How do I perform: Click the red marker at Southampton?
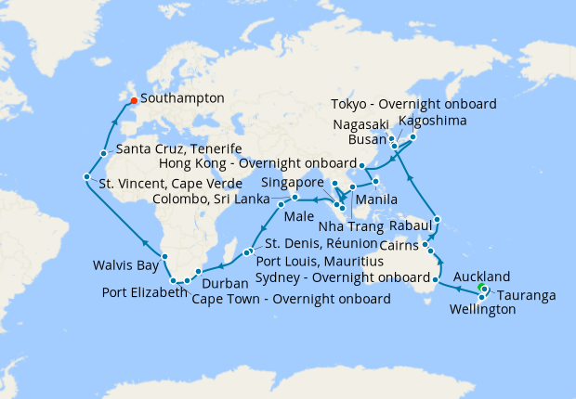[x=133, y=100]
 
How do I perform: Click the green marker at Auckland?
[x=480, y=290]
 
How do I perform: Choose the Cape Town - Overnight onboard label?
[x=290, y=299]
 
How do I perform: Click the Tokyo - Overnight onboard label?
[x=413, y=103]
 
